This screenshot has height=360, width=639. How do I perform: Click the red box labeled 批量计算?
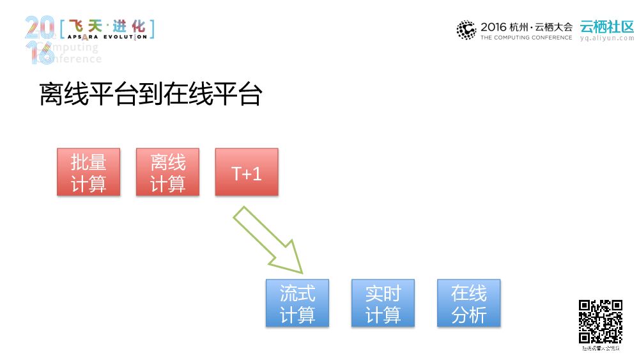tap(88, 172)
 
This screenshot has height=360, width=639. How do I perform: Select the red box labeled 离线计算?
tap(167, 172)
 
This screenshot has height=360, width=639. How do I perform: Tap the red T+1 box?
tap(247, 172)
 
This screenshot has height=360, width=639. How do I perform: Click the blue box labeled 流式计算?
tap(297, 303)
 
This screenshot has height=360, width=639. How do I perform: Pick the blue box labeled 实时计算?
tap(383, 303)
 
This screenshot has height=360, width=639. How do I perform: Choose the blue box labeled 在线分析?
tap(468, 303)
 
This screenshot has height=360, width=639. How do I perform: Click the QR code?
tap(601, 322)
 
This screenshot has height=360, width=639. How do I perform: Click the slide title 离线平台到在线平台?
tap(151, 94)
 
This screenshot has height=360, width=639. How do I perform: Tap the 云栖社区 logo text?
tap(606, 27)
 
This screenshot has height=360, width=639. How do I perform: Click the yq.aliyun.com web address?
tap(606, 38)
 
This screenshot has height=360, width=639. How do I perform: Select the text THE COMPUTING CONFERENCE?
tap(526, 38)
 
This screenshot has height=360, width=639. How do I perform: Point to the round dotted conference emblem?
tap(466, 30)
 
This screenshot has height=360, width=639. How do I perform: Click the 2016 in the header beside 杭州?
tap(493, 27)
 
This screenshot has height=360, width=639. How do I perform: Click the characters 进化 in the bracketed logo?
tap(129, 27)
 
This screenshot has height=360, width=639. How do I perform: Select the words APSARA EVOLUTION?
tap(107, 37)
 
